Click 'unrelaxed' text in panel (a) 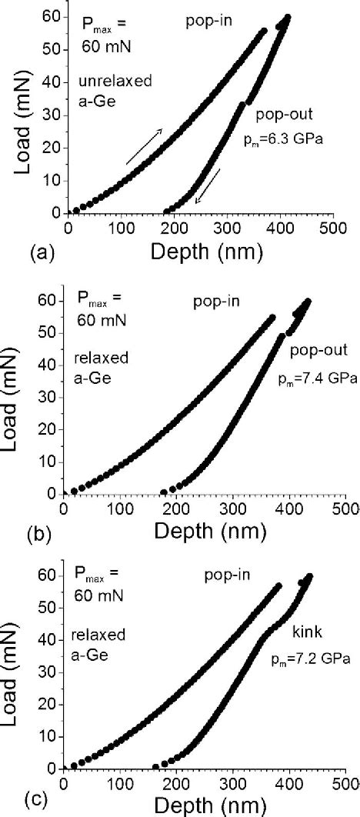(x=112, y=79)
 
